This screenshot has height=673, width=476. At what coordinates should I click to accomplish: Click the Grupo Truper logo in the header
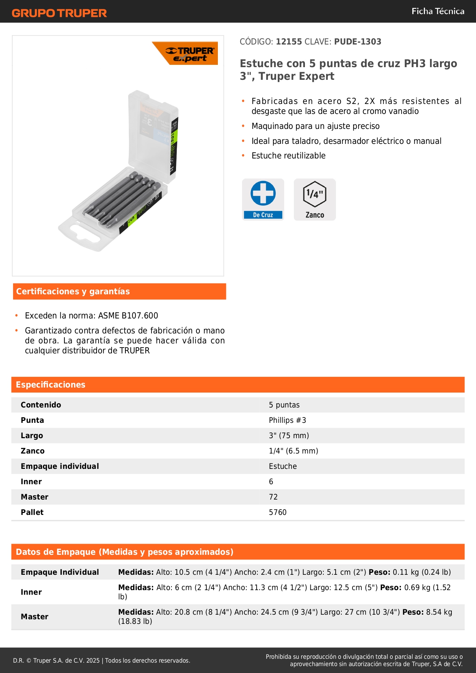pyautogui.click(x=59, y=13)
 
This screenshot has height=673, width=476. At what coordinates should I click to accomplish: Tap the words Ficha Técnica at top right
pyautogui.click(x=438, y=11)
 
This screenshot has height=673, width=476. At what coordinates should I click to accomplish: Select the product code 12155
pyautogui.click(x=289, y=42)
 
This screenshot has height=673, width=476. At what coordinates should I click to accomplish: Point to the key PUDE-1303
pyautogui.click(x=357, y=42)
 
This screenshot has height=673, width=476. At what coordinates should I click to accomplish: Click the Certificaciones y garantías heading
pyautogui.click(x=73, y=292)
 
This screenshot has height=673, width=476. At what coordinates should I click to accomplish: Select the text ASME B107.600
pyautogui.click(x=128, y=316)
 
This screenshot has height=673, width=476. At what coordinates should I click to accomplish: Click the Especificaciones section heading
pyautogui.click(x=51, y=385)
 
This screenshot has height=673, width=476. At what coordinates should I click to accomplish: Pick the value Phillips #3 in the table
pyautogui.click(x=287, y=420)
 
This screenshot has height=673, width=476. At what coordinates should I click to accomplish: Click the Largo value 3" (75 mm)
pyautogui.click(x=289, y=435)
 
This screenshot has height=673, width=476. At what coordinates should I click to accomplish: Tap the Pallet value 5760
pyautogui.click(x=278, y=512)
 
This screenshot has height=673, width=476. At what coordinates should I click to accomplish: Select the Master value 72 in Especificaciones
pyautogui.click(x=273, y=497)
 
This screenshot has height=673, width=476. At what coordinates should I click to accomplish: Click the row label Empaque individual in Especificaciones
pyautogui.click(x=60, y=466)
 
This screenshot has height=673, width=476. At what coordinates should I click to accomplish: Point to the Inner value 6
pyautogui.click(x=271, y=482)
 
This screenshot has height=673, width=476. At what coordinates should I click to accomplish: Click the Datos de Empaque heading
pyautogui.click(x=125, y=552)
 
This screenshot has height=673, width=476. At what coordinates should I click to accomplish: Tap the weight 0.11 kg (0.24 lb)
pyautogui.click(x=422, y=572)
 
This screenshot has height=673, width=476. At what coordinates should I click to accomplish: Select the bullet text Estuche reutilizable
pyautogui.click(x=288, y=156)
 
